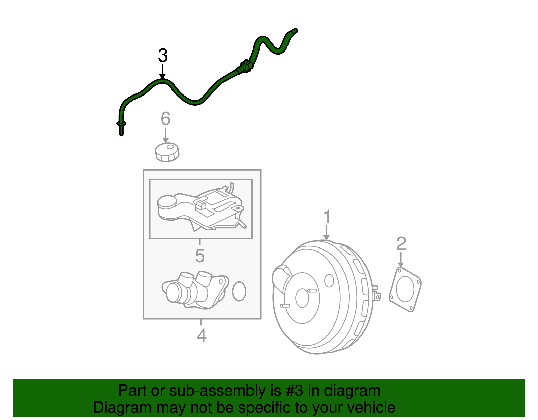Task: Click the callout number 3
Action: point(163,56)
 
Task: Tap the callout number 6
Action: point(165,119)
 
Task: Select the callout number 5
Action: point(200,256)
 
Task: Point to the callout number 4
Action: point(201,335)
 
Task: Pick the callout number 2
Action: point(401,244)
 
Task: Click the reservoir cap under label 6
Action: point(167,152)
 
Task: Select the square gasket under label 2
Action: point(405,289)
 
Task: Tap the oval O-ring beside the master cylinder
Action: point(239,291)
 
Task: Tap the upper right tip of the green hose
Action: point(295,31)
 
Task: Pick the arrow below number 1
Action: point(326,233)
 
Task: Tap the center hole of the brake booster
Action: point(302,298)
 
